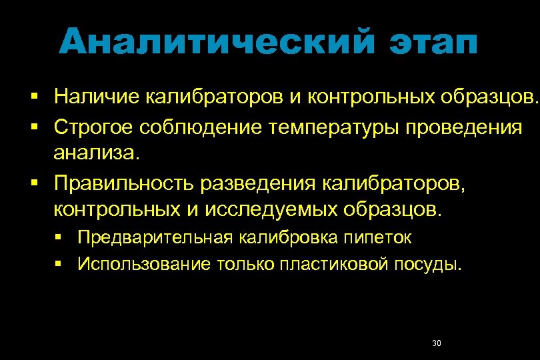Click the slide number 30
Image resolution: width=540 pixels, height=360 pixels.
click(x=437, y=343)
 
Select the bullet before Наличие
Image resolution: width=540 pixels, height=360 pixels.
click(x=33, y=97)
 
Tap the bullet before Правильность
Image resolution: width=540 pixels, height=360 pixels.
click(x=33, y=182)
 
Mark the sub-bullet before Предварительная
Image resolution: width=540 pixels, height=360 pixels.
click(x=59, y=237)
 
